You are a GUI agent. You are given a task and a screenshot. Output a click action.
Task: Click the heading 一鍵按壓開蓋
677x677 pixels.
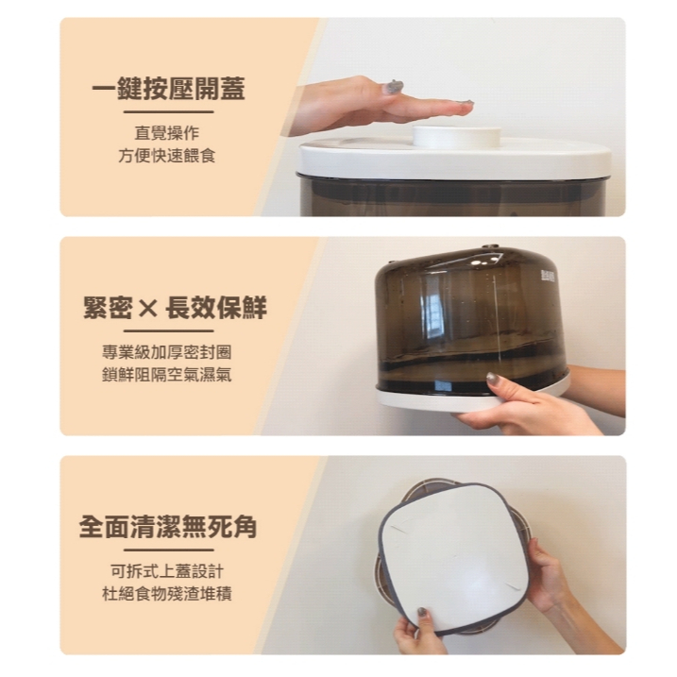(x=168, y=89)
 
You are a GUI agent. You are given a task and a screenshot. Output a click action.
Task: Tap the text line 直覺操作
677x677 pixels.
(x=167, y=132)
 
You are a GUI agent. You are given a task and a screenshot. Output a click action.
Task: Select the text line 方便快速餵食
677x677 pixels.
(x=167, y=156)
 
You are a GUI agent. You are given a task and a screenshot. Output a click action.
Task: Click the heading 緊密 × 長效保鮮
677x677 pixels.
(x=175, y=308)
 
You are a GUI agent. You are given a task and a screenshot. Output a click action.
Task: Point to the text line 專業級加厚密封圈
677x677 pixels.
(x=167, y=352)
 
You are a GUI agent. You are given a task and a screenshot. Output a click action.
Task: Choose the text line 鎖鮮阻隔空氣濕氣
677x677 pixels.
(x=167, y=374)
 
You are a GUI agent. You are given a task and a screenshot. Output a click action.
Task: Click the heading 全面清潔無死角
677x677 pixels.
(x=168, y=527)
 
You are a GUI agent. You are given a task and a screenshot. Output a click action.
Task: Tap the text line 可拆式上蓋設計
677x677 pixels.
(x=167, y=571)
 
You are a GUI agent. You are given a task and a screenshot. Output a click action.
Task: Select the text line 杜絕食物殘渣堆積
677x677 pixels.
(x=167, y=594)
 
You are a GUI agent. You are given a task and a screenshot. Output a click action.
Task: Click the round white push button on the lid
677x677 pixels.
(x=457, y=137)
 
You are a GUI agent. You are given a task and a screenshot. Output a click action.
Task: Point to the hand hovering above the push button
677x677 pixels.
(x=380, y=106)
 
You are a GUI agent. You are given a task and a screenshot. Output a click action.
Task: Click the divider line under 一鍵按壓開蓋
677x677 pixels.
(x=168, y=111)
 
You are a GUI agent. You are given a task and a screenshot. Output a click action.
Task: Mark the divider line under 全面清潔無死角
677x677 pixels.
(x=168, y=550)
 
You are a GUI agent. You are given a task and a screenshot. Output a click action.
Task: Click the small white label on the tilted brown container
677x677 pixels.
(x=547, y=276)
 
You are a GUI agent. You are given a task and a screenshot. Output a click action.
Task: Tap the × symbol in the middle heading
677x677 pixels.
(x=148, y=309)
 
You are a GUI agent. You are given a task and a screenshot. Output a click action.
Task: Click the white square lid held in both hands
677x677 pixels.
(x=453, y=557)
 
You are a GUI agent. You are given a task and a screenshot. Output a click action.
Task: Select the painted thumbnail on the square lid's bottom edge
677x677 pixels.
(x=421, y=613)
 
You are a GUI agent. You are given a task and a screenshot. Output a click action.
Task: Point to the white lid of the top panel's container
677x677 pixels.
(x=455, y=158)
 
